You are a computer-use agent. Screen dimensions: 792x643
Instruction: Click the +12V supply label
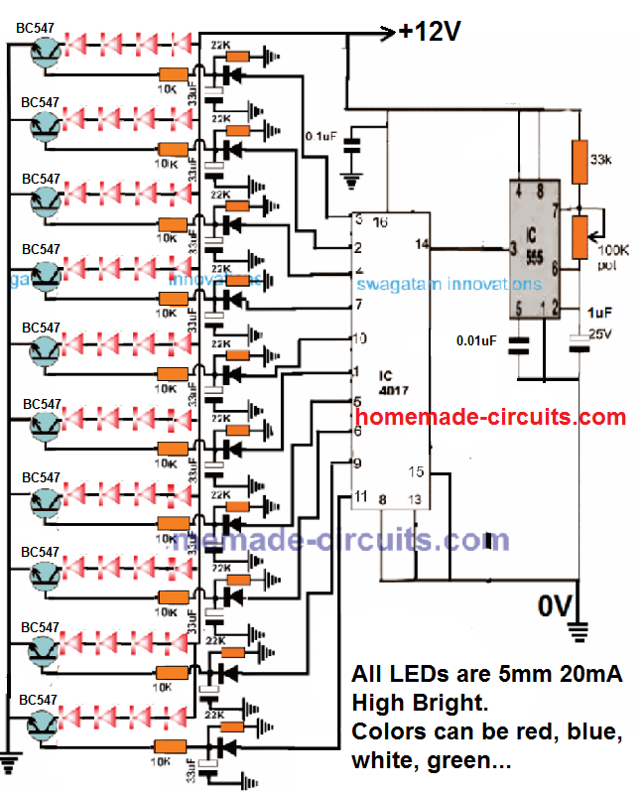431,32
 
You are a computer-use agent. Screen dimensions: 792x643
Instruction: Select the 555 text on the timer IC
533,262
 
